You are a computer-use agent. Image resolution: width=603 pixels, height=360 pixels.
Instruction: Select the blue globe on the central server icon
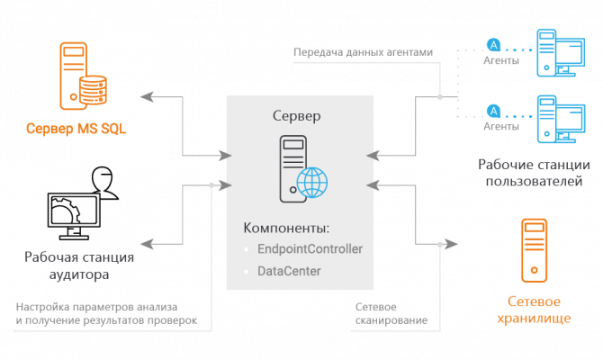click(x=312, y=183)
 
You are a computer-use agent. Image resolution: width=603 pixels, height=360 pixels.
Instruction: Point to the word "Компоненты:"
click(x=286, y=228)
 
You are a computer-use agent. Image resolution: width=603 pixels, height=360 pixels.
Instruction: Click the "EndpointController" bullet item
click(x=309, y=248)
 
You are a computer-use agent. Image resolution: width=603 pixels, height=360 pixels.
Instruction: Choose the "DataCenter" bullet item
click(x=289, y=270)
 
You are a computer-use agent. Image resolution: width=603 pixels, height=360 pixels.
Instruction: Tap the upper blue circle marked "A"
click(x=493, y=42)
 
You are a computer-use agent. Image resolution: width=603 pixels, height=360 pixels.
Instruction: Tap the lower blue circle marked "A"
click(x=493, y=110)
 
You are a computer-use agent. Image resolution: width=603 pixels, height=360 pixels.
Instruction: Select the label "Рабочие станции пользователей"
click(x=534, y=173)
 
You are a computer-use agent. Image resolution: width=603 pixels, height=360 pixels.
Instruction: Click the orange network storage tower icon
click(x=535, y=249)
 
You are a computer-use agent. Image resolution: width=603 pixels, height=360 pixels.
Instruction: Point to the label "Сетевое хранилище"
click(x=535, y=309)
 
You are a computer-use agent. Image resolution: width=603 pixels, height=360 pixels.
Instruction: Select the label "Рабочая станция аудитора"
click(x=80, y=266)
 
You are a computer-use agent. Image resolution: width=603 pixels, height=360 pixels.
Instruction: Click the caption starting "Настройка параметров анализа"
click(x=103, y=312)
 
